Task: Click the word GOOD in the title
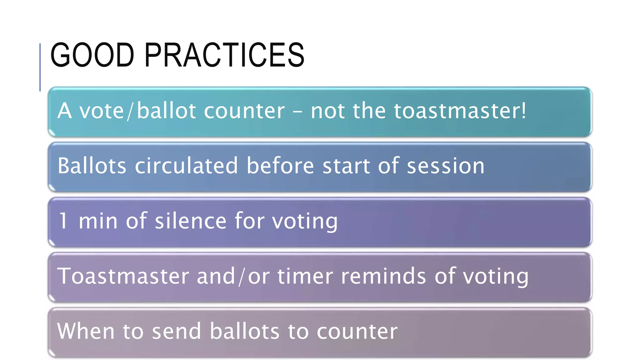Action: [92, 55]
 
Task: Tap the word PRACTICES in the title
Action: [224, 55]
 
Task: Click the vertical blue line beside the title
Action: [40, 67]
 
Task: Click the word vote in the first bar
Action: [102, 111]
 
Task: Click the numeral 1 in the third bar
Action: [63, 221]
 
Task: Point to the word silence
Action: [191, 221]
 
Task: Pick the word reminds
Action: [383, 276]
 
